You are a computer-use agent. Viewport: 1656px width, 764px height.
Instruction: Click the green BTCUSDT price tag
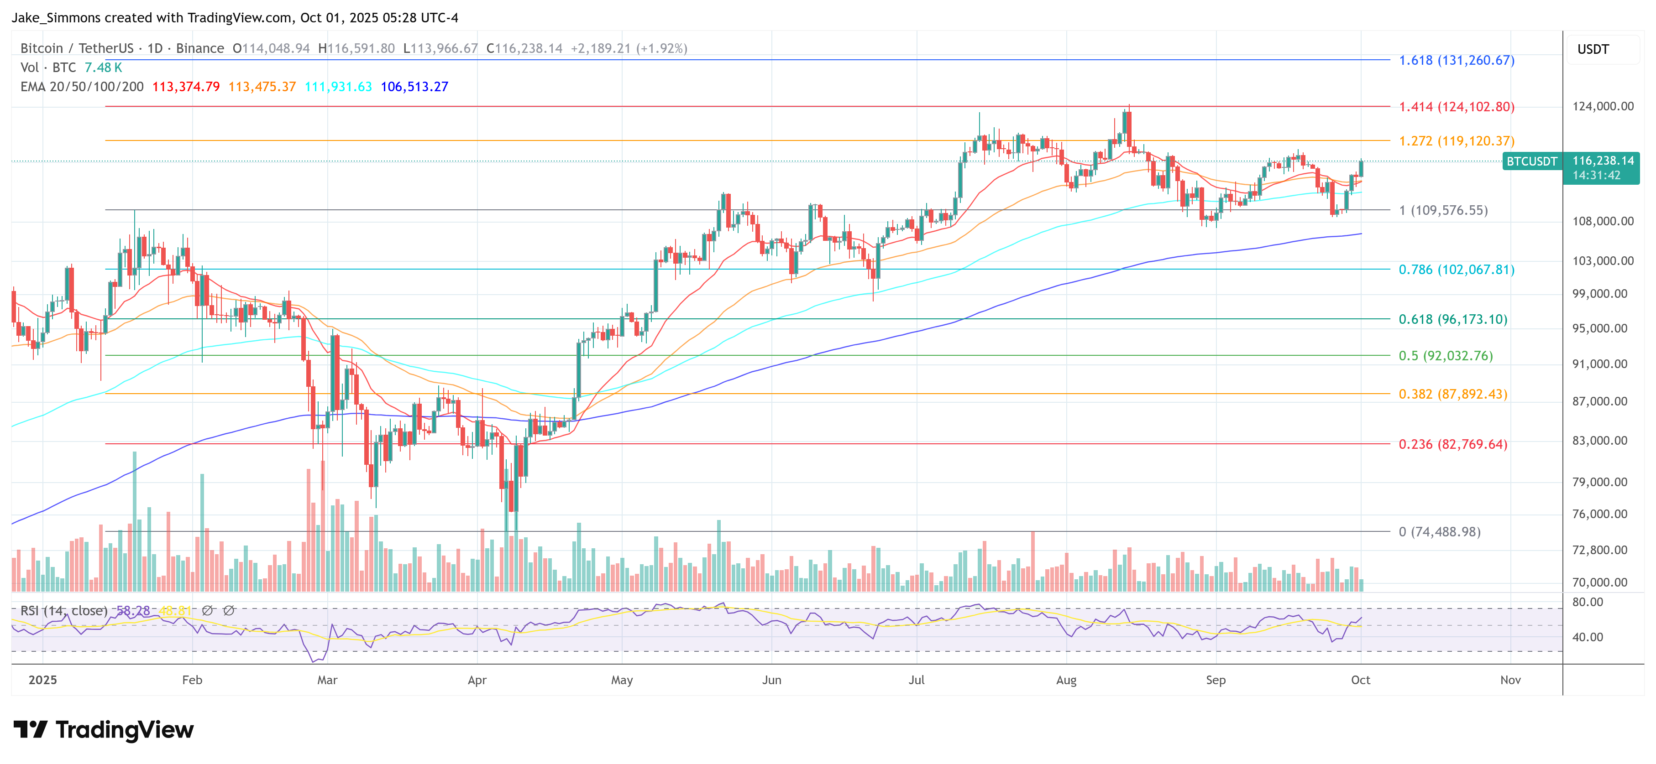tap(1531, 161)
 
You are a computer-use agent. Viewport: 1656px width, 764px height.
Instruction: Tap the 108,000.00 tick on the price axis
tap(1602, 221)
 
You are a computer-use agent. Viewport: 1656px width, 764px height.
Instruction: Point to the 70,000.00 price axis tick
tap(1599, 582)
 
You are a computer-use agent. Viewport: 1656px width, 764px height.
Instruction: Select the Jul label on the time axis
tap(916, 680)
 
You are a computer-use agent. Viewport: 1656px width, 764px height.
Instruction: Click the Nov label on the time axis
tap(1510, 680)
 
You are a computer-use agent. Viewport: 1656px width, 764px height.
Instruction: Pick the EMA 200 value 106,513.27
tap(414, 87)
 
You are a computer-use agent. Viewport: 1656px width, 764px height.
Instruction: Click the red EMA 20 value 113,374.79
tap(186, 87)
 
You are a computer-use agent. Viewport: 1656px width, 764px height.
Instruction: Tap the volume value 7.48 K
tap(103, 68)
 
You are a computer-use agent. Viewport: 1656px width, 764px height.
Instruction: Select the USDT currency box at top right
tap(1593, 49)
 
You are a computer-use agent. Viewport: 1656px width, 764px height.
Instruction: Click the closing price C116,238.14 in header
tap(524, 48)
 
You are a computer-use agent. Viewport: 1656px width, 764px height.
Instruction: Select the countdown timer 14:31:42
tap(1596, 176)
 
